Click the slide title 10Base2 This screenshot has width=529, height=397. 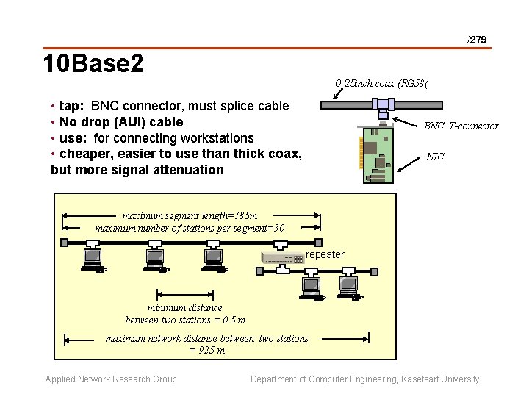click(x=93, y=65)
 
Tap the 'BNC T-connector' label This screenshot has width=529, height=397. click(x=461, y=126)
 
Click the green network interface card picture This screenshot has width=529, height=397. click(x=379, y=151)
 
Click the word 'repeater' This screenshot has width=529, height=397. click(x=325, y=254)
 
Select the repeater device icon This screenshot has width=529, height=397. click(x=283, y=257)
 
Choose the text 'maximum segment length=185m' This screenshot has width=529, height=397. click(x=190, y=216)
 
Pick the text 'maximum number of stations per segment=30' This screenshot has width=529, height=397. click(x=190, y=228)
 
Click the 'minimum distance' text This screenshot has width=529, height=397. click(x=184, y=307)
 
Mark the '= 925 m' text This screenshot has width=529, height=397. click(x=206, y=350)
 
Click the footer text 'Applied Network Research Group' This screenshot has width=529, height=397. click(x=111, y=379)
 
